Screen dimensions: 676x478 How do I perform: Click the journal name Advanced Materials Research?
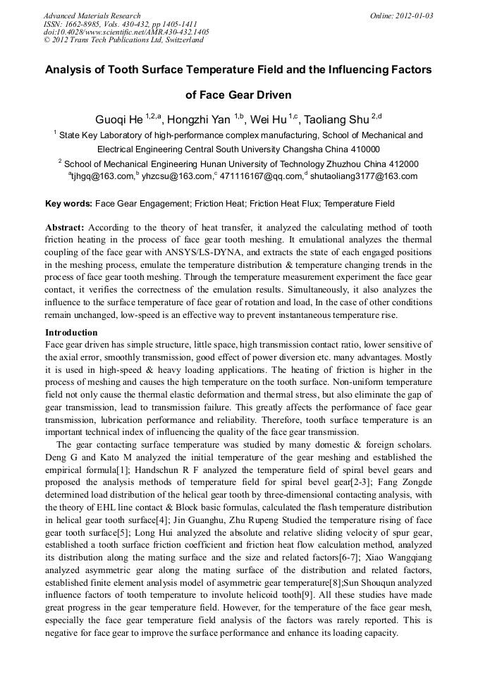tap(92, 16)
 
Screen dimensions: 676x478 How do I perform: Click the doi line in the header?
tap(126, 32)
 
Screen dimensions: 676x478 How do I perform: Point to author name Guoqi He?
tap(119, 120)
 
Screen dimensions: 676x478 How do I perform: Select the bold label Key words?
tap(68, 204)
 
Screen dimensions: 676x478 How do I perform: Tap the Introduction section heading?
tap(71, 332)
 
